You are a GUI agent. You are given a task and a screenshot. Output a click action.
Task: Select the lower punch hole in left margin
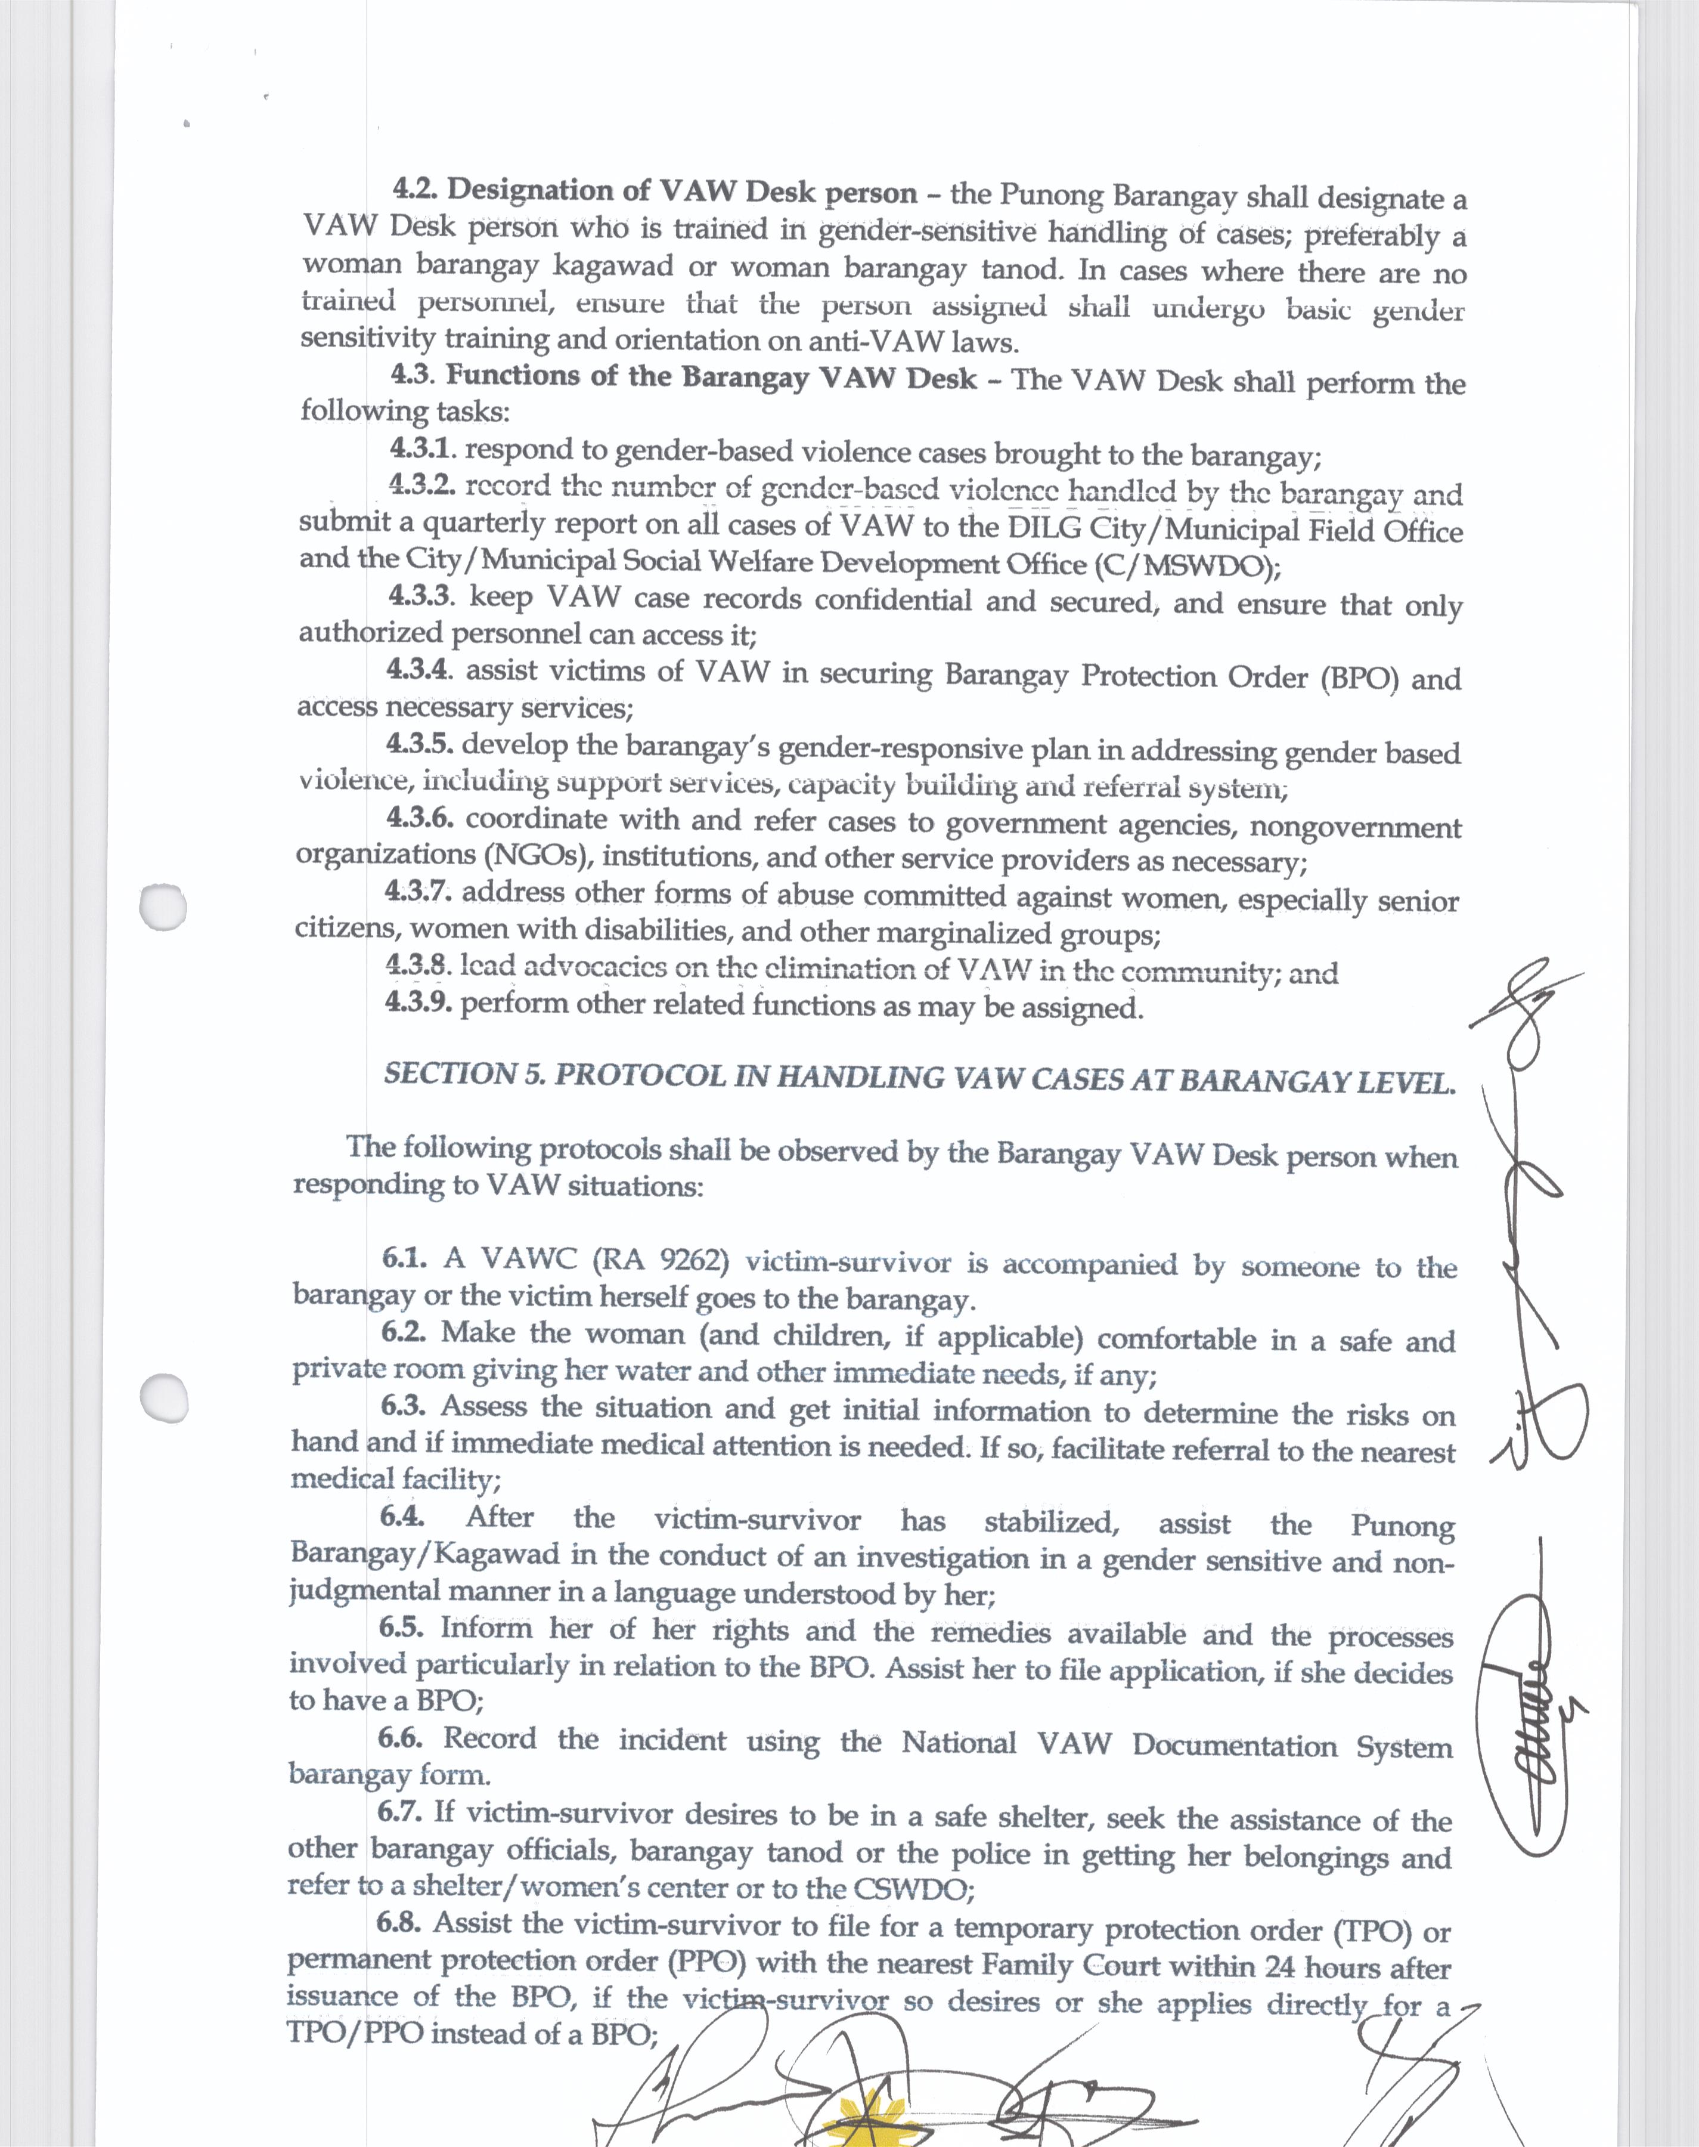163,1398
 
